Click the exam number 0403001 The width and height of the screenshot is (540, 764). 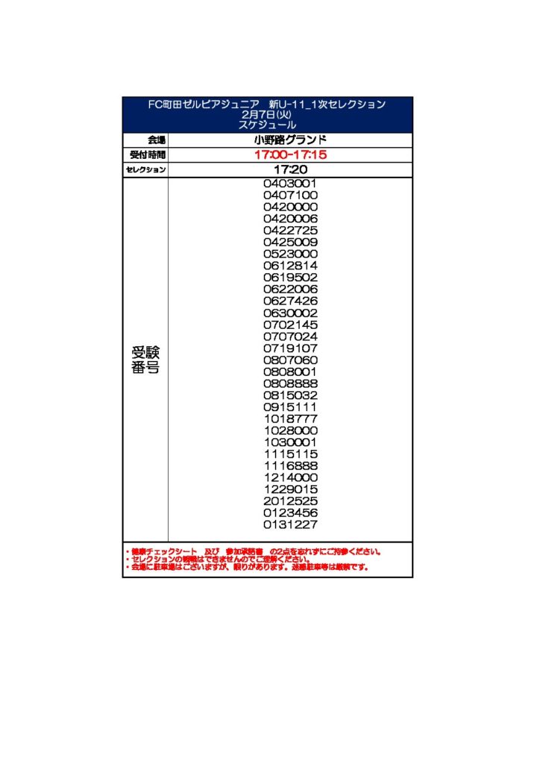(291, 184)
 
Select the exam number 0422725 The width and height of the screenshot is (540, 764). (291, 231)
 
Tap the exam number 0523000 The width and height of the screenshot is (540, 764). (291, 254)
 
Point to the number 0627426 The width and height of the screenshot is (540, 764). (291, 301)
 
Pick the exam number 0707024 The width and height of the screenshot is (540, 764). (291, 336)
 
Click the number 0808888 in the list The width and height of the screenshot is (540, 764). (291, 383)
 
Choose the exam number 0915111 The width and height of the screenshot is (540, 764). (291, 407)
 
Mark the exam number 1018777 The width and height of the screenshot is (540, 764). (291, 419)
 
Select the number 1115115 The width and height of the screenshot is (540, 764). (291, 454)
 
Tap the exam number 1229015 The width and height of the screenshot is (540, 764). (291, 489)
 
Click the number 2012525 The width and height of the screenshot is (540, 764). (291, 501)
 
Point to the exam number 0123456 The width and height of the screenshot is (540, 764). (291, 513)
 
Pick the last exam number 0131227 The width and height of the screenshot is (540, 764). (291, 525)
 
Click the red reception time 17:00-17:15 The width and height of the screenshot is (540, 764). (291, 155)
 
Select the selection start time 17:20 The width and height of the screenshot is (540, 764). (291, 170)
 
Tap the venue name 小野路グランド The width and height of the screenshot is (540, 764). (291, 140)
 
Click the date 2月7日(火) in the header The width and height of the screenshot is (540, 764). (268, 115)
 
